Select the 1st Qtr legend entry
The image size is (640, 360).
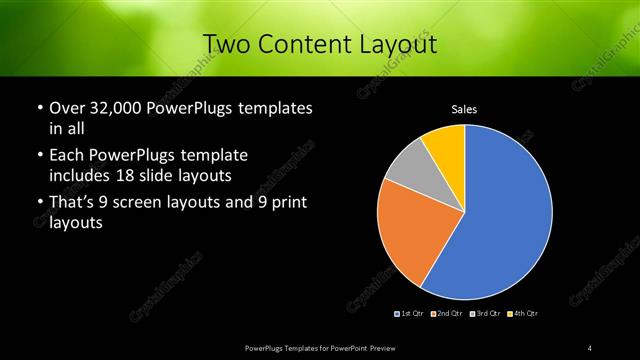410,314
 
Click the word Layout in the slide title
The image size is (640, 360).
397,44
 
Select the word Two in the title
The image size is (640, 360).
226,44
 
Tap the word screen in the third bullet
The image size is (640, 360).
153,204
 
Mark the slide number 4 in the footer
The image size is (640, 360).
590,347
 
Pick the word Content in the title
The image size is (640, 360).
300,44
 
